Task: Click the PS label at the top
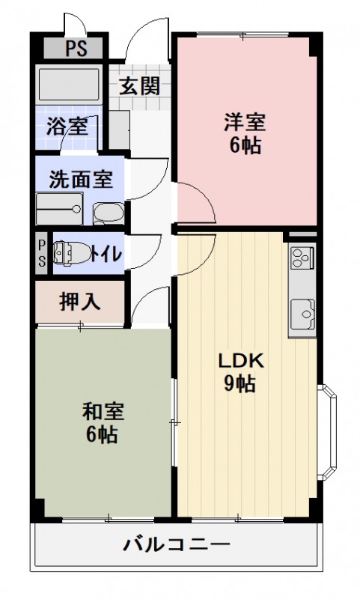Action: (73, 51)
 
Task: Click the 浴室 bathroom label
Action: (66, 126)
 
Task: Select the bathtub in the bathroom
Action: (68, 85)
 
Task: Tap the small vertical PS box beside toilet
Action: (42, 253)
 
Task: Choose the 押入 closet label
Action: (79, 302)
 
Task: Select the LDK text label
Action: (241, 361)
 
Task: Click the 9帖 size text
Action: (241, 385)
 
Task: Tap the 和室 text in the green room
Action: (103, 410)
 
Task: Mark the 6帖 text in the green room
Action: (103, 434)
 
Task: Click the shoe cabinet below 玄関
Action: (118, 128)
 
